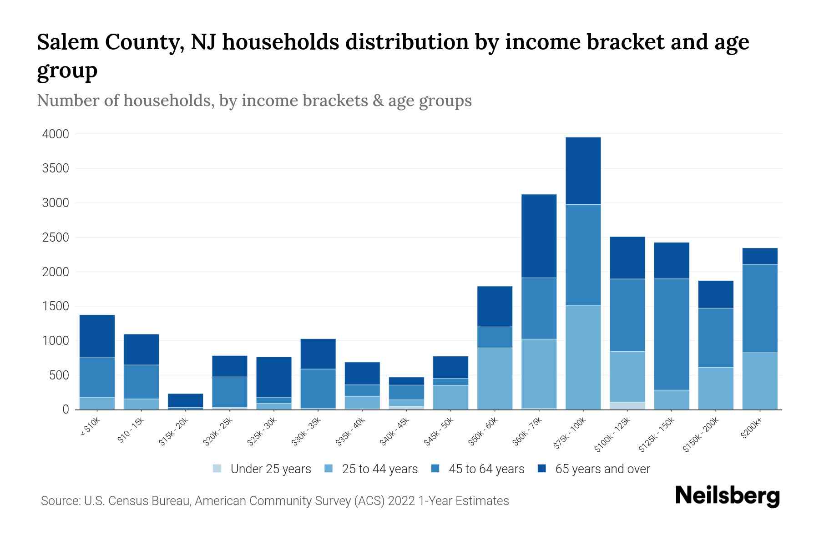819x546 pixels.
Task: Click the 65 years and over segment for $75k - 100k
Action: pyautogui.click(x=583, y=171)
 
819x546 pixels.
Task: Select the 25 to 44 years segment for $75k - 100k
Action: pyautogui.click(x=583, y=357)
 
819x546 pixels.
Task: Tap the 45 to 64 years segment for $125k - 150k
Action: pyautogui.click(x=671, y=334)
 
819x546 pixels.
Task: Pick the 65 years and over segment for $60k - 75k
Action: pyautogui.click(x=539, y=236)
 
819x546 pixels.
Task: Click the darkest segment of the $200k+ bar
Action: pyautogui.click(x=759, y=256)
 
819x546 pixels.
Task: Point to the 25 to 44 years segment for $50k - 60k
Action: pyautogui.click(x=495, y=379)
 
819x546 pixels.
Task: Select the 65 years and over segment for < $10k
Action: pyautogui.click(x=97, y=336)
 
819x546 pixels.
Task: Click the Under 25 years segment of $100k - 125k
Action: pyautogui.click(x=627, y=405)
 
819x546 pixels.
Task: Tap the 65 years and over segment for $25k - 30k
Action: pyautogui.click(x=273, y=377)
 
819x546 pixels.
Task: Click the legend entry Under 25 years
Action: pyautogui.click(x=270, y=469)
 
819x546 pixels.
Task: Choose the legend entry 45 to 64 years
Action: pyautogui.click(x=486, y=469)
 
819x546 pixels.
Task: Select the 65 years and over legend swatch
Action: pyautogui.click(x=542, y=469)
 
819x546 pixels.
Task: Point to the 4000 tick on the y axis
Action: pyautogui.click(x=56, y=134)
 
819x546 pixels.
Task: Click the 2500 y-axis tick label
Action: pyautogui.click(x=56, y=238)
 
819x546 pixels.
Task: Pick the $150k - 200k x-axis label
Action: pyautogui.click(x=701, y=436)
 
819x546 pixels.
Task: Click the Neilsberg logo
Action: pyautogui.click(x=727, y=496)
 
